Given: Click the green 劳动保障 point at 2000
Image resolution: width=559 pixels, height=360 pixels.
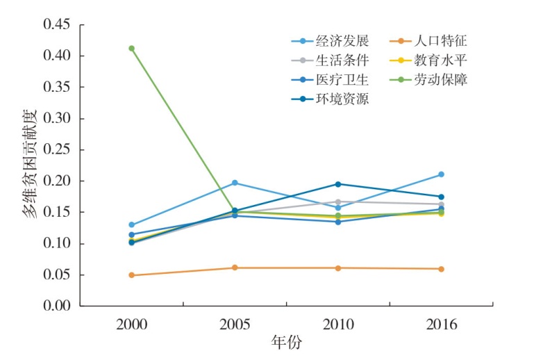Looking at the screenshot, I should point(131,48).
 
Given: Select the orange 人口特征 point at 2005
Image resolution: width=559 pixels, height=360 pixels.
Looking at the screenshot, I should point(235,268).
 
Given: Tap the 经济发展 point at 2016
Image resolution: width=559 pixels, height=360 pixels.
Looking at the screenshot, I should point(441,174).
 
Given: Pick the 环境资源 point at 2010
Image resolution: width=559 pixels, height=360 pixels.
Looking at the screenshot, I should point(338,184).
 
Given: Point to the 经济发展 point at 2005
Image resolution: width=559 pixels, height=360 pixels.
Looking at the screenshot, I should point(235,183).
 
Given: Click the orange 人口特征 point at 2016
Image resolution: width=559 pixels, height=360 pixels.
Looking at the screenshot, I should point(441,269).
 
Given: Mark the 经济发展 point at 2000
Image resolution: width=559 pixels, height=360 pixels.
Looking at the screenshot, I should point(131,224).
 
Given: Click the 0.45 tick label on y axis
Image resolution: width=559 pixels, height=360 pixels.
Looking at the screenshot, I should point(58,25).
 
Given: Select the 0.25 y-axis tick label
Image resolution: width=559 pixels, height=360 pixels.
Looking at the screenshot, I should point(58,149).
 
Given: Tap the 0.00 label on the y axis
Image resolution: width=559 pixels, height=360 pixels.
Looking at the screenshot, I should point(58,306).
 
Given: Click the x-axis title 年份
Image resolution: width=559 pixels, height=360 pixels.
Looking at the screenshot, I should point(286,343).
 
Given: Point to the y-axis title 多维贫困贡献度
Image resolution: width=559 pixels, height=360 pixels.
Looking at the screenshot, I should point(32,165).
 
